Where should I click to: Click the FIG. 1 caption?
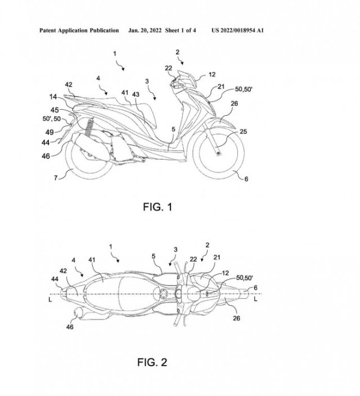(x=157, y=207)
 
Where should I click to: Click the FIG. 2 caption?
(x=152, y=362)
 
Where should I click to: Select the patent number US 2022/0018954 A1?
(x=237, y=30)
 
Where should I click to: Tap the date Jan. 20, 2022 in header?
(x=145, y=30)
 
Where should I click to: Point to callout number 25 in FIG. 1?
(x=243, y=132)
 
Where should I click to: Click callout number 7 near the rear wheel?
(x=56, y=178)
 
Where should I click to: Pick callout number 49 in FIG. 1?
(x=49, y=132)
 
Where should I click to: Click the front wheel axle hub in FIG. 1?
(x=218, y=153)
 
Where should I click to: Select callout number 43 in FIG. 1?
(x=136, y=94)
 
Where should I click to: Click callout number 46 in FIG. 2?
(x=70, y=327)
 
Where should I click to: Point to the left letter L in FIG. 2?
(x=50, y=300)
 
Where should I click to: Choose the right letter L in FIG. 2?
(x=256, y=299)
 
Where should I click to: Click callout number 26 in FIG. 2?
(x=236, y=318)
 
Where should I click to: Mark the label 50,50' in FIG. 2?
(x=245, y=277)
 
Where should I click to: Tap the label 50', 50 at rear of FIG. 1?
(x=52, y=119)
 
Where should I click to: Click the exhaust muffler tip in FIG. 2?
(x=76, y=313)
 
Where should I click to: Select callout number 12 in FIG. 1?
(x=212, y=74)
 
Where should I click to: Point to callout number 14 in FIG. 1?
(x=53, y=97)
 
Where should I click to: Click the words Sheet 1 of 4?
(x=181, y=30)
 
